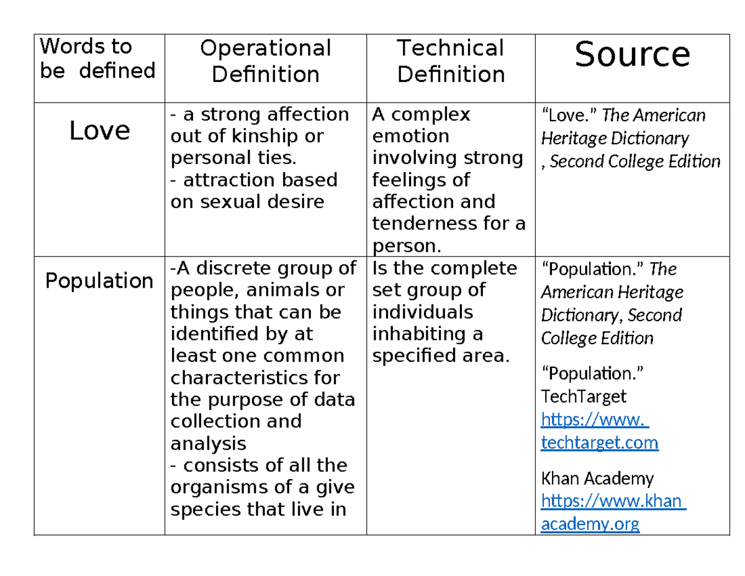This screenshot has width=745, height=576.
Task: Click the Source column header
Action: point(631,55)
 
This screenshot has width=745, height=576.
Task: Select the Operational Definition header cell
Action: point(265,61)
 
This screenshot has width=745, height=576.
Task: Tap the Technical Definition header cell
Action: point(450,61)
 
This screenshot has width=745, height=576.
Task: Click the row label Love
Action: point(99,130)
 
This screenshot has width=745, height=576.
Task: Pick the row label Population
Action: point(99,281)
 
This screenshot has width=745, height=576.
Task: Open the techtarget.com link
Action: point(600,442)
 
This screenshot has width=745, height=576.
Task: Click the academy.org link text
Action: point(590,524)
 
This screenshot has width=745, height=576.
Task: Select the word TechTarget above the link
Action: point(584,396)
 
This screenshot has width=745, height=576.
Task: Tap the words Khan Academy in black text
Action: point(597,478)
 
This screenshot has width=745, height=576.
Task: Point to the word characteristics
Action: point(255,378)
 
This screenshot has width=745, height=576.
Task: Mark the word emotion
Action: point(410,136)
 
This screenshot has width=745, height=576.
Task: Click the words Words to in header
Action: point(86,47)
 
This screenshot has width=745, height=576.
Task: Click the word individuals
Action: point(422,312)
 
